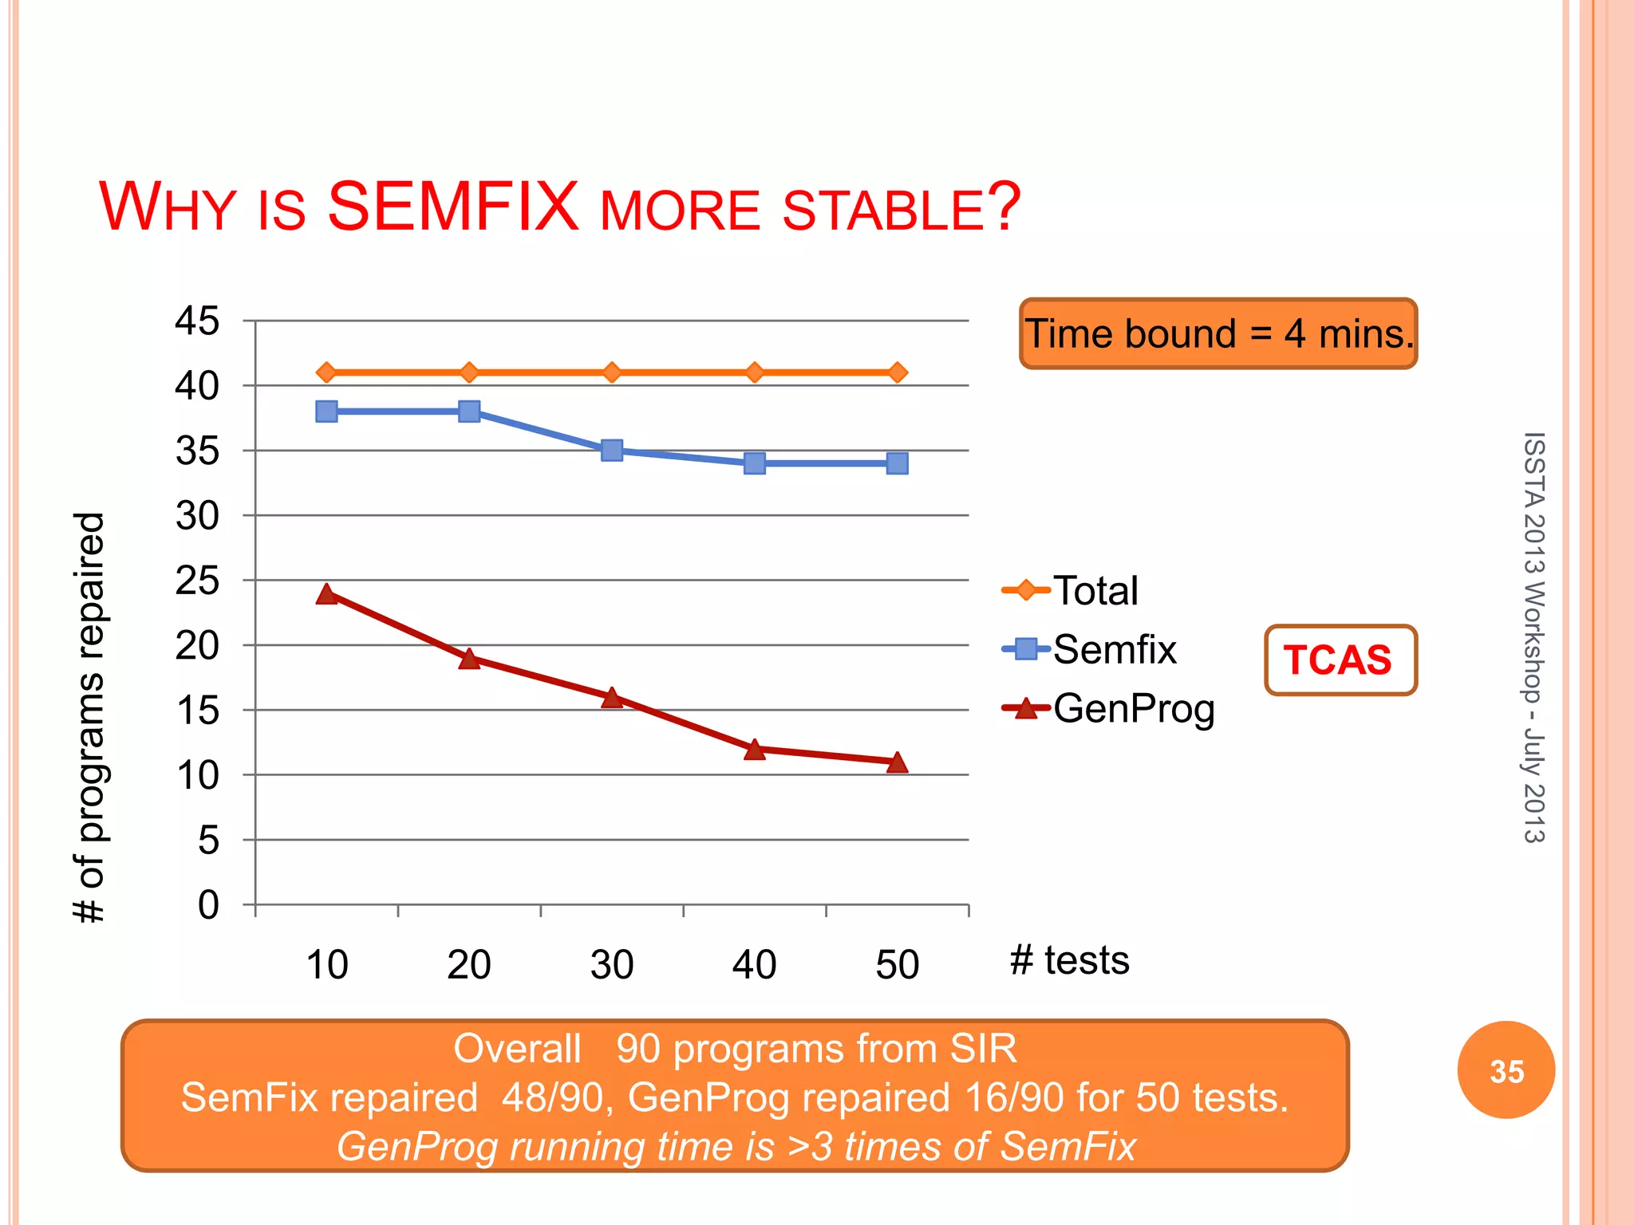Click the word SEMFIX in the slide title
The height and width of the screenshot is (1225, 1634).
point(452,207)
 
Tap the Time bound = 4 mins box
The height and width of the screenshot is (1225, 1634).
point(1218,334)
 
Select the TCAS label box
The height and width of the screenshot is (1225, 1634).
point(1340,660)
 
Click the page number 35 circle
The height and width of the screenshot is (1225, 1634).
point(1506,1070)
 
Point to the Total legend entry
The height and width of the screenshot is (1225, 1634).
point(1071,591)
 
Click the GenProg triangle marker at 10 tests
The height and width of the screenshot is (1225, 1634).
point(326,594)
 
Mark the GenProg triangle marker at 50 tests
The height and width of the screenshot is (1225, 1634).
point(897,762)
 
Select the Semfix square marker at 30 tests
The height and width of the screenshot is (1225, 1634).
point(612,451)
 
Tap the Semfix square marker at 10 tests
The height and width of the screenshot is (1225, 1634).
point(326,412)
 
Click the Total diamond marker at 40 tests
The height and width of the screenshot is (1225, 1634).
point(755,372)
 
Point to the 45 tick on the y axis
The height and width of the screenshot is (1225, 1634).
point(197,321)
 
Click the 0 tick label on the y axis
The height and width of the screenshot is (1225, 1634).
point(207,905)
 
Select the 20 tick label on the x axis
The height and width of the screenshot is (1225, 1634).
point(469,965)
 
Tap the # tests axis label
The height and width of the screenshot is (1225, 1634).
point(1069,960)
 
